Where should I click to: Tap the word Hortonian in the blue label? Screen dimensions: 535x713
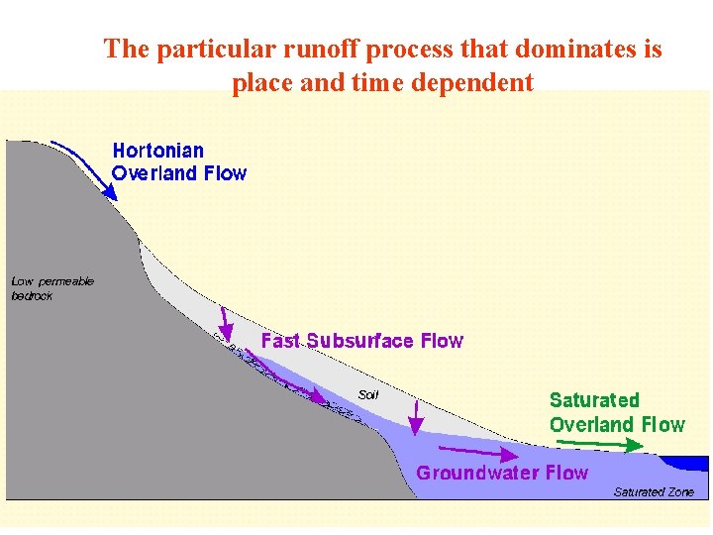tap(158, 151)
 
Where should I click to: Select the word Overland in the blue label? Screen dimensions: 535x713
tap(153, 173)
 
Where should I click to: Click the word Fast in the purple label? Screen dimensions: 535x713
tap(280, 341)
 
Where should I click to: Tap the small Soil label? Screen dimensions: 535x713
tap(368, 394)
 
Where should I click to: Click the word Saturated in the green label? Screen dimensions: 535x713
tap(594, 400)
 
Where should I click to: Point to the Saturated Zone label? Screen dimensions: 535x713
tap(654, 491)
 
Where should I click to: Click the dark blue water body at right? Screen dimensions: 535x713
tap(687, 463)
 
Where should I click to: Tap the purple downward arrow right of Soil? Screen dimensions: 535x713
tap(416, 417)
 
